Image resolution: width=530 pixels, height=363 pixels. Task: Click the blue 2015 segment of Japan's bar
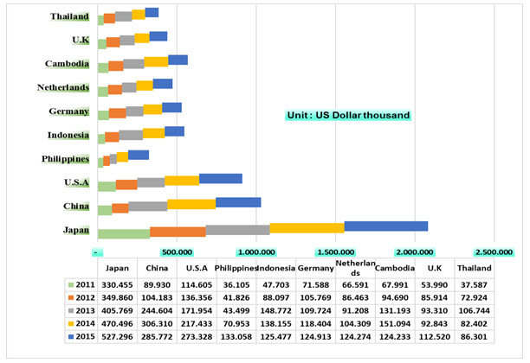pyautogui.click(x=385, y=226)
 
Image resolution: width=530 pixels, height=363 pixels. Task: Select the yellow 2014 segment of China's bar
pyautogui.click(x=191, y=204)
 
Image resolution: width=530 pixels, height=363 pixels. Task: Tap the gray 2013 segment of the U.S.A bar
pyautogui.click(x=151, y=181)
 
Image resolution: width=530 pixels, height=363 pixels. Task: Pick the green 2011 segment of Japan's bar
pyautogui.click(x=124, y=232)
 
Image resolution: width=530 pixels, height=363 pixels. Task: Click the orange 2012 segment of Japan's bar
pyautogui.click(x=178, y=231)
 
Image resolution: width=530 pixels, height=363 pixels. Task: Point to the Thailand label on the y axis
pyautogui.click(x=69, y=16)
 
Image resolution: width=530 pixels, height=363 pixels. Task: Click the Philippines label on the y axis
pyautogui.click(x=66, y=159)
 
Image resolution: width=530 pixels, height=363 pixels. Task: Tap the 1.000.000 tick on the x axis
pyautogui.click(x=257, y=252)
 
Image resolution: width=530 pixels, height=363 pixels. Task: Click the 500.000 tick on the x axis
pyautogui.click(x=178, y=252)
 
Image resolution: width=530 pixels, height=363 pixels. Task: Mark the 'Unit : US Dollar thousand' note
pyautogui.click(x=349, y=115)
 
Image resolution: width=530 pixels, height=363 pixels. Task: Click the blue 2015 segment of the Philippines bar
pyautogui.click(x=139, y=155)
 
